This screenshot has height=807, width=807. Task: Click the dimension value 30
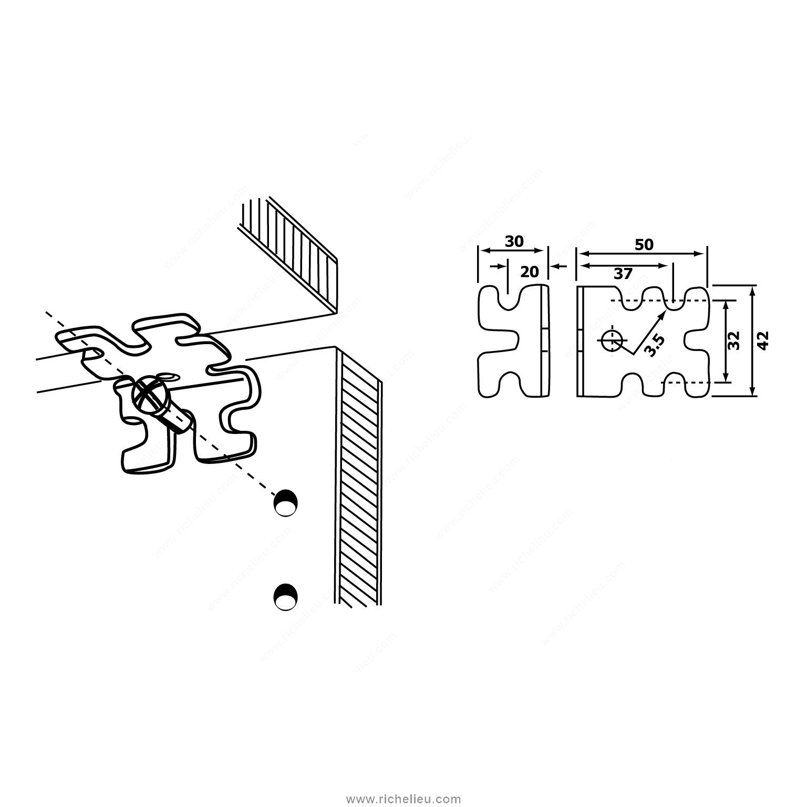514,241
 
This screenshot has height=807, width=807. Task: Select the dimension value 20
530,272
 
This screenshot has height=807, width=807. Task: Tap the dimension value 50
644,244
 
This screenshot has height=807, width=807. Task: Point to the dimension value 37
623,274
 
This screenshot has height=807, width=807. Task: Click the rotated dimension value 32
734,340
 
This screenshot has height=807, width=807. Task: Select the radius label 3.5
655,345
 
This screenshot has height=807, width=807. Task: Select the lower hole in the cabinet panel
286,597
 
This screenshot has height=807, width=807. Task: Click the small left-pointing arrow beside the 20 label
560,267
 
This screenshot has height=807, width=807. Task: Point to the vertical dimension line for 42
753,340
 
